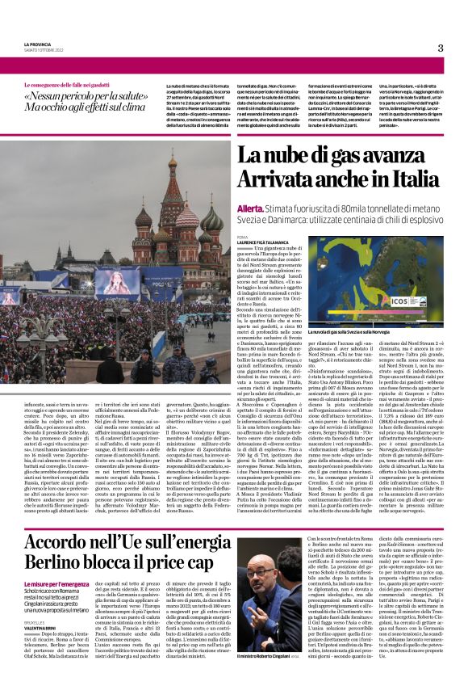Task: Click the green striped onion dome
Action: pos(211,219)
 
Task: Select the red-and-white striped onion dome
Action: pos(142,218)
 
